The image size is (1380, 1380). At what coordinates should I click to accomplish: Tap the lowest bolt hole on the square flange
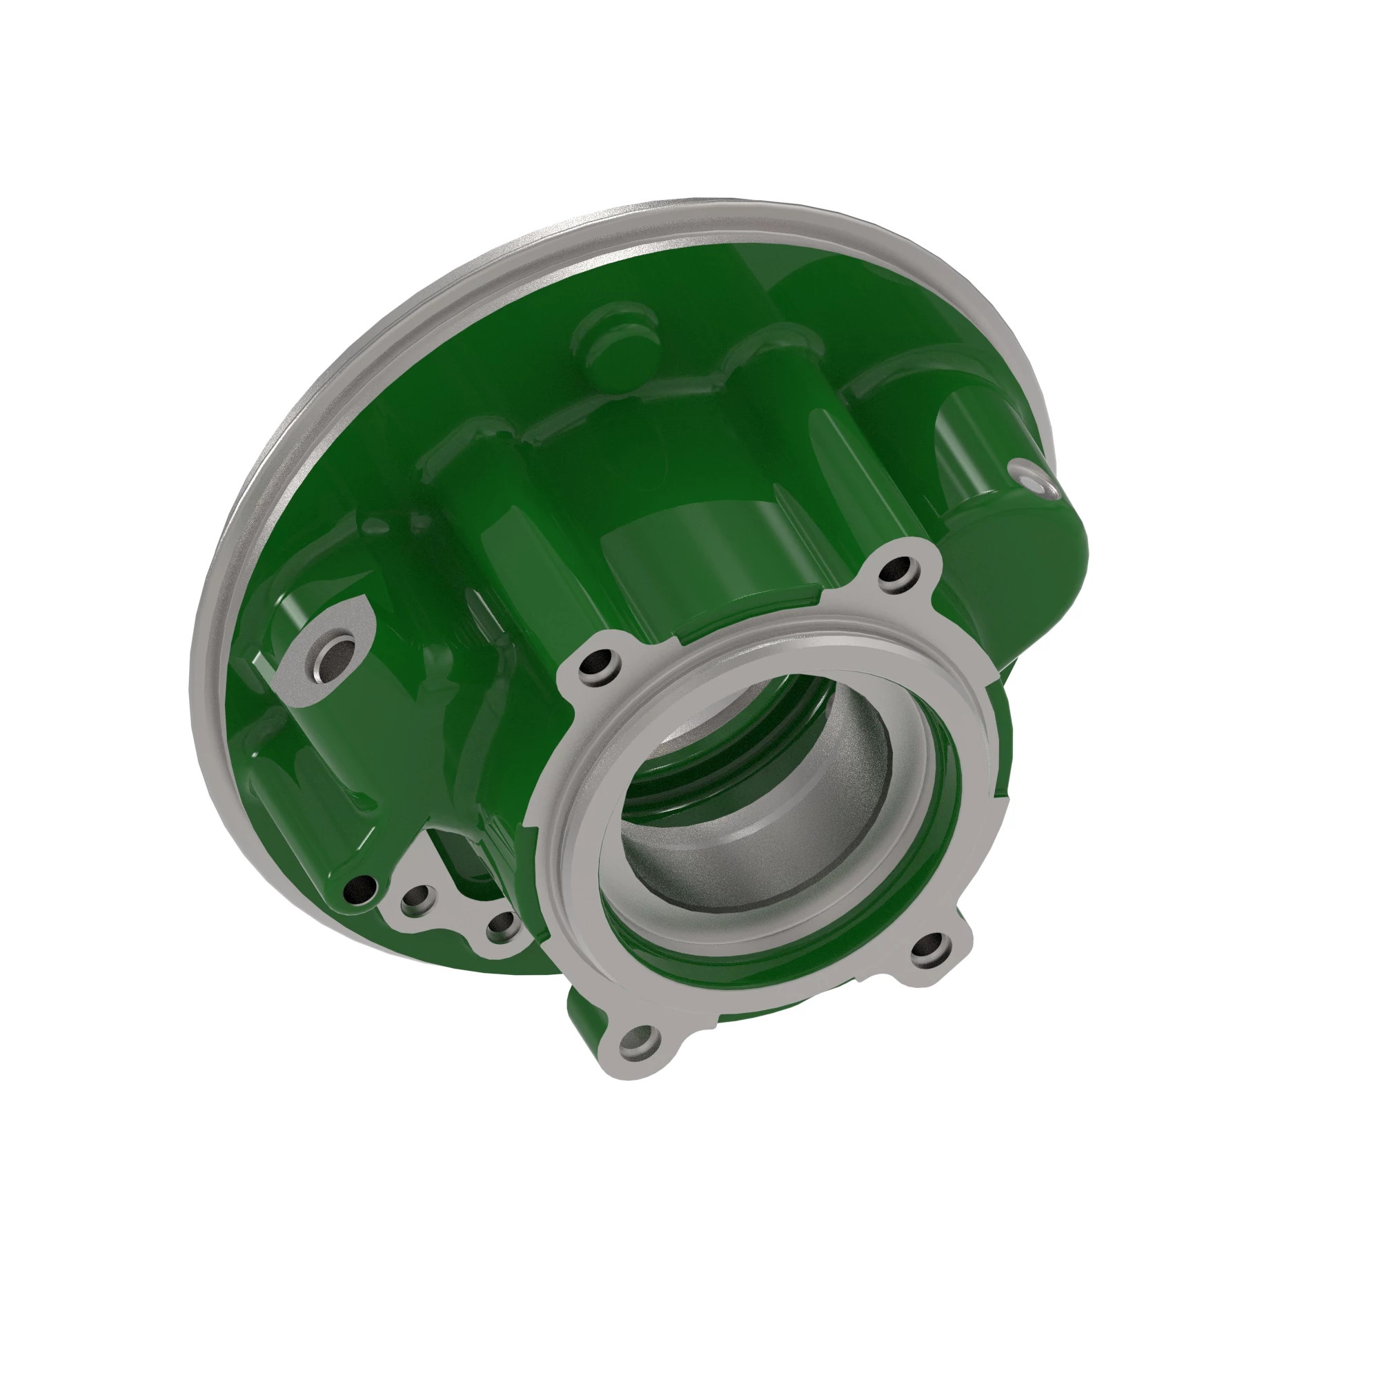pyautogui.click(x=638, y=1042)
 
